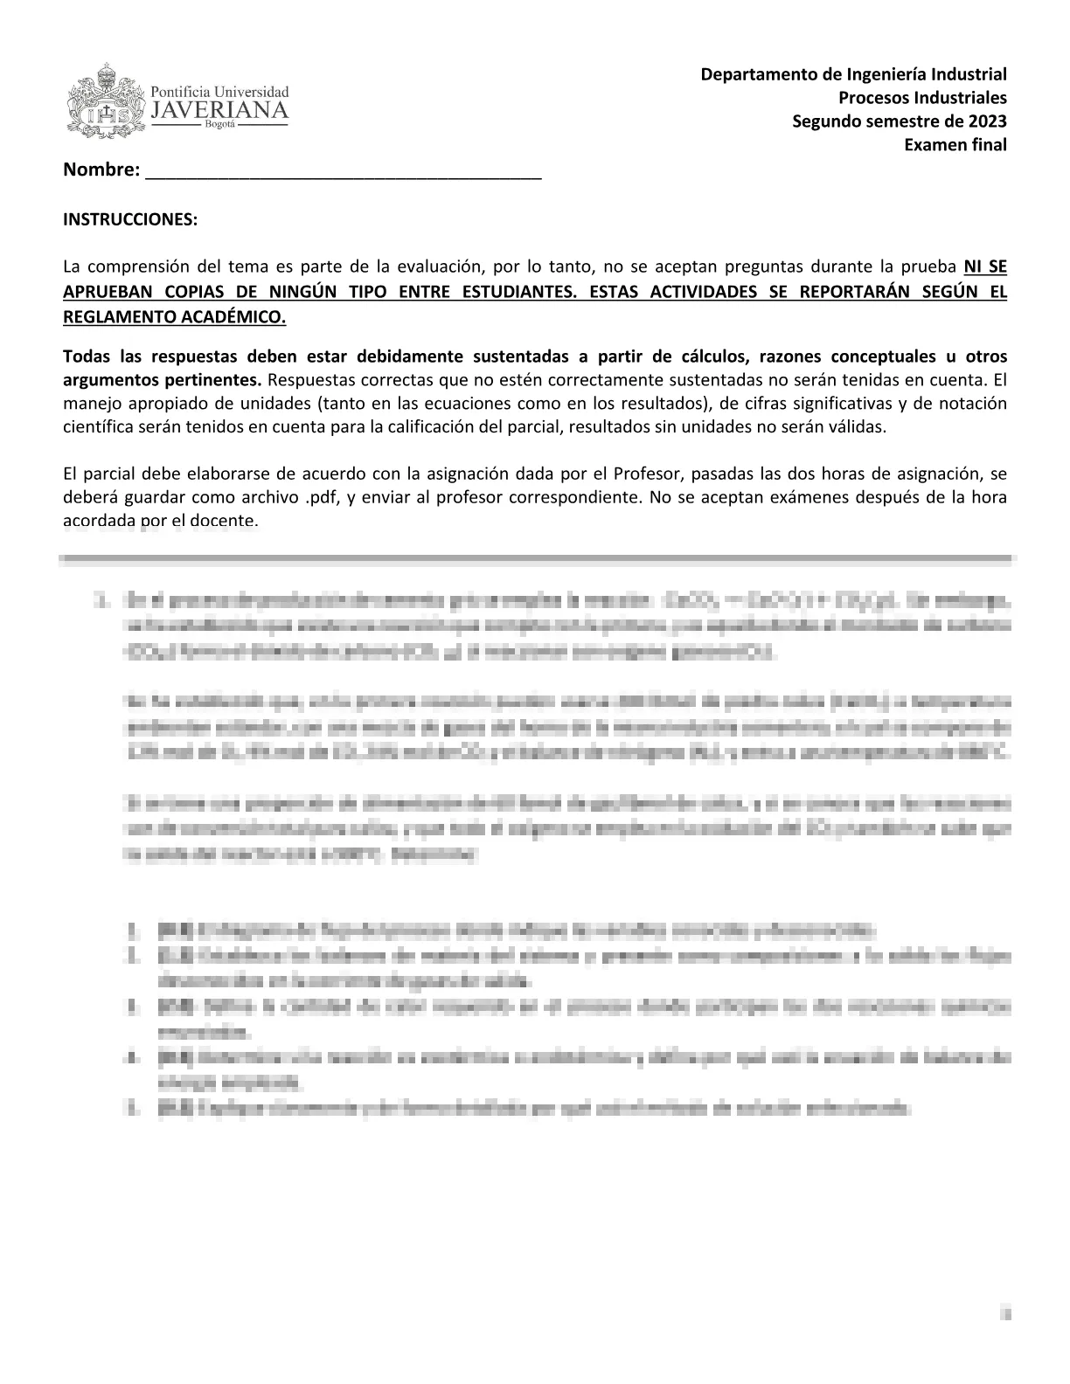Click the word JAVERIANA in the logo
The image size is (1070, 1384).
click(x=219, y=110)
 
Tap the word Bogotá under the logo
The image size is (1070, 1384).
click(x=219, y=125)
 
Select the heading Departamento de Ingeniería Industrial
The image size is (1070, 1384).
click(x=853, y=74)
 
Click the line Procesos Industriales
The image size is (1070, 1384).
click(x=922, y=98)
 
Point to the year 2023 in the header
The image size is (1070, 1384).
click(x=987, y=121)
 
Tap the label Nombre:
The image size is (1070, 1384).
click(x=101, y=170)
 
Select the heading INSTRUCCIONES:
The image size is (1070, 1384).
click(x=130, y=219)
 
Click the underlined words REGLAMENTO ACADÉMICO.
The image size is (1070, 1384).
click(x=174, y=316)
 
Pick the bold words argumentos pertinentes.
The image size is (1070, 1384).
click(x=163, y=380)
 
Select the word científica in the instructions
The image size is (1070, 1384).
click(x=97, y=427)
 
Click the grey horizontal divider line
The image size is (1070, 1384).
click(x=535, y=557)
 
